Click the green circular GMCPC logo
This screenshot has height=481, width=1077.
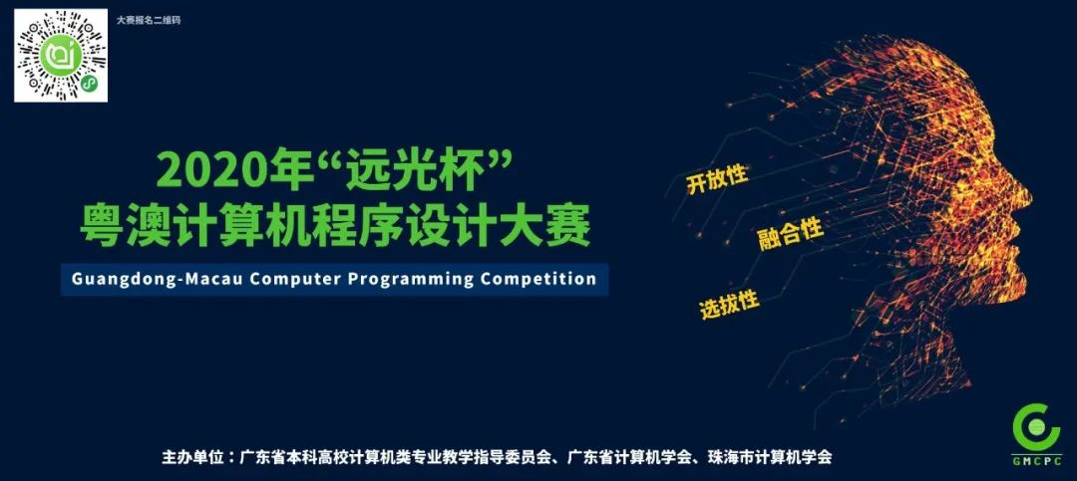pos(1036,426)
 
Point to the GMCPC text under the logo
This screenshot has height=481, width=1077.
pos(1036,461)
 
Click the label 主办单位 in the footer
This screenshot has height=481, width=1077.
pos(195,457)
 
